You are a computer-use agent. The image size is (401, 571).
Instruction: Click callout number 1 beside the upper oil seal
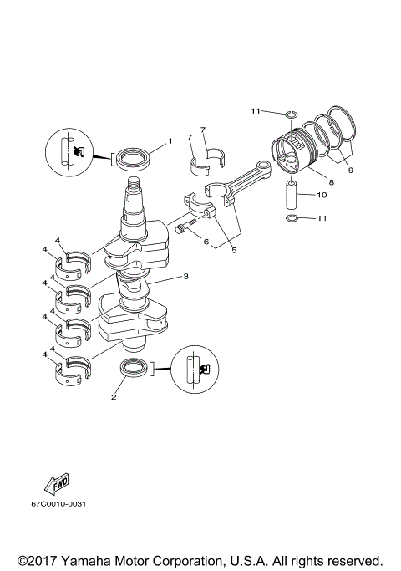click(170, 141)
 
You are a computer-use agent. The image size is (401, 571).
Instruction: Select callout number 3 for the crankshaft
click(185, 276)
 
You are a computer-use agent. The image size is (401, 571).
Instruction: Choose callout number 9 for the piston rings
click(350, 170)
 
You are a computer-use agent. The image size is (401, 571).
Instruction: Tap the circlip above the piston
click(290, 114)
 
